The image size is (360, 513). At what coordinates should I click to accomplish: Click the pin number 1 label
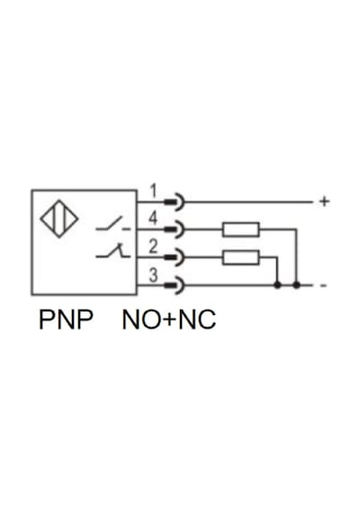[153, 191]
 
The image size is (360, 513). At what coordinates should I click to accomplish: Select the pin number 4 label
[153, 218]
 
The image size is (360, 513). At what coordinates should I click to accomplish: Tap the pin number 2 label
[153, 247]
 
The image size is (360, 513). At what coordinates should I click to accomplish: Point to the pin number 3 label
[153, 274]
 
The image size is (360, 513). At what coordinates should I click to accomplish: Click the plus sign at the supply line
[324, 202]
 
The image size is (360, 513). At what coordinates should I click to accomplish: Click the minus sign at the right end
[323, 285]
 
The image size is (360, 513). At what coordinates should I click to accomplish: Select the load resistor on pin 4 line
[241, 229]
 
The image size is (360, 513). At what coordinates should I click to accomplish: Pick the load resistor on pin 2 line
[241, 257]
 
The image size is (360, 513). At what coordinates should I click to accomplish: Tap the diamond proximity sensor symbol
[59, 219]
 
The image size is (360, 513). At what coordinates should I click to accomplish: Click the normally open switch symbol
[112, 224]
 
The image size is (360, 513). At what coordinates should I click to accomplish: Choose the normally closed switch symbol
[112, 251]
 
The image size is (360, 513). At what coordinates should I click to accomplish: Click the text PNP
[66, 319]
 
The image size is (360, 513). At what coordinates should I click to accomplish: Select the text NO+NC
[169, 319]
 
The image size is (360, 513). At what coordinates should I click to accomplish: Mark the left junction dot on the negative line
[277, 285]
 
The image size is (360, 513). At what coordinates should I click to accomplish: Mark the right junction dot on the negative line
[296, 285]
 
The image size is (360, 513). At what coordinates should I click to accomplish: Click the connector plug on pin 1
[175, 202]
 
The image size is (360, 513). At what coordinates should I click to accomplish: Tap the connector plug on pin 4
[175, 229]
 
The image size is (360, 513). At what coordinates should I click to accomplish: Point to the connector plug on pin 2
[175, 257]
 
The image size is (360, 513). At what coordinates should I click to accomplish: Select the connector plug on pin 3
[175, 285]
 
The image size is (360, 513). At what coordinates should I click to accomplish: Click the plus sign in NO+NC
[170, 320]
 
